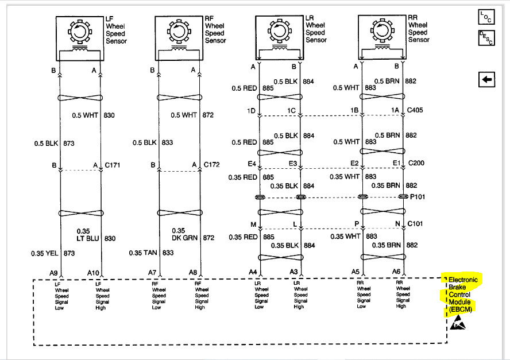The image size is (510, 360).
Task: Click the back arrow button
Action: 486,80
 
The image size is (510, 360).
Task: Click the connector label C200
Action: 416,164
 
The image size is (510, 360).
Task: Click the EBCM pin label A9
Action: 53,272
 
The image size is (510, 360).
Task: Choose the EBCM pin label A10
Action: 94,272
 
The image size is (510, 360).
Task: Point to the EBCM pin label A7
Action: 152,272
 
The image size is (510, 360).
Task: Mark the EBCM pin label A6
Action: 396,272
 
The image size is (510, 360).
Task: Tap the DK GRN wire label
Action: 185,237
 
